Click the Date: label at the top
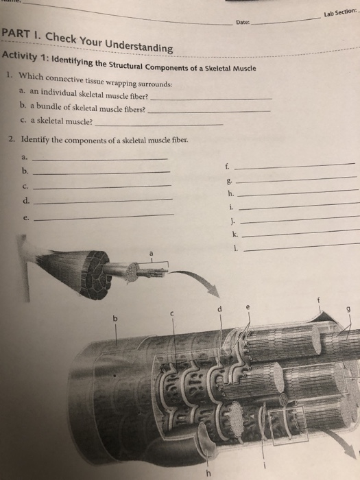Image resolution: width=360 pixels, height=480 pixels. click(x=241, y=22)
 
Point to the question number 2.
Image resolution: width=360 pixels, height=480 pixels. click(x=11, y=139)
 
